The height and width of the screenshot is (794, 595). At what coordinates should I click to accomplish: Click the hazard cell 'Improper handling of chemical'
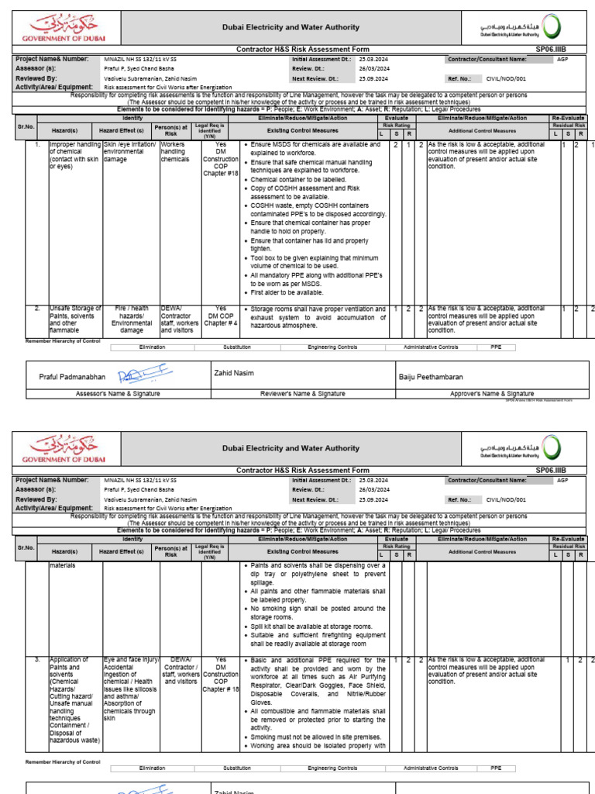click(75, 156)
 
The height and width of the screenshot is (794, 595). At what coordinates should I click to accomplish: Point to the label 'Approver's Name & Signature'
click(492, 394)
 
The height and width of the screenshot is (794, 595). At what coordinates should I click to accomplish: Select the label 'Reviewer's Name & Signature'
click(303, 394)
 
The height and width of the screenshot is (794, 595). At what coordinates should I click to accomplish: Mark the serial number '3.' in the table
click(36, 660)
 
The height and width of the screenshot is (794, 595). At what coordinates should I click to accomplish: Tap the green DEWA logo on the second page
click(549, 447)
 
